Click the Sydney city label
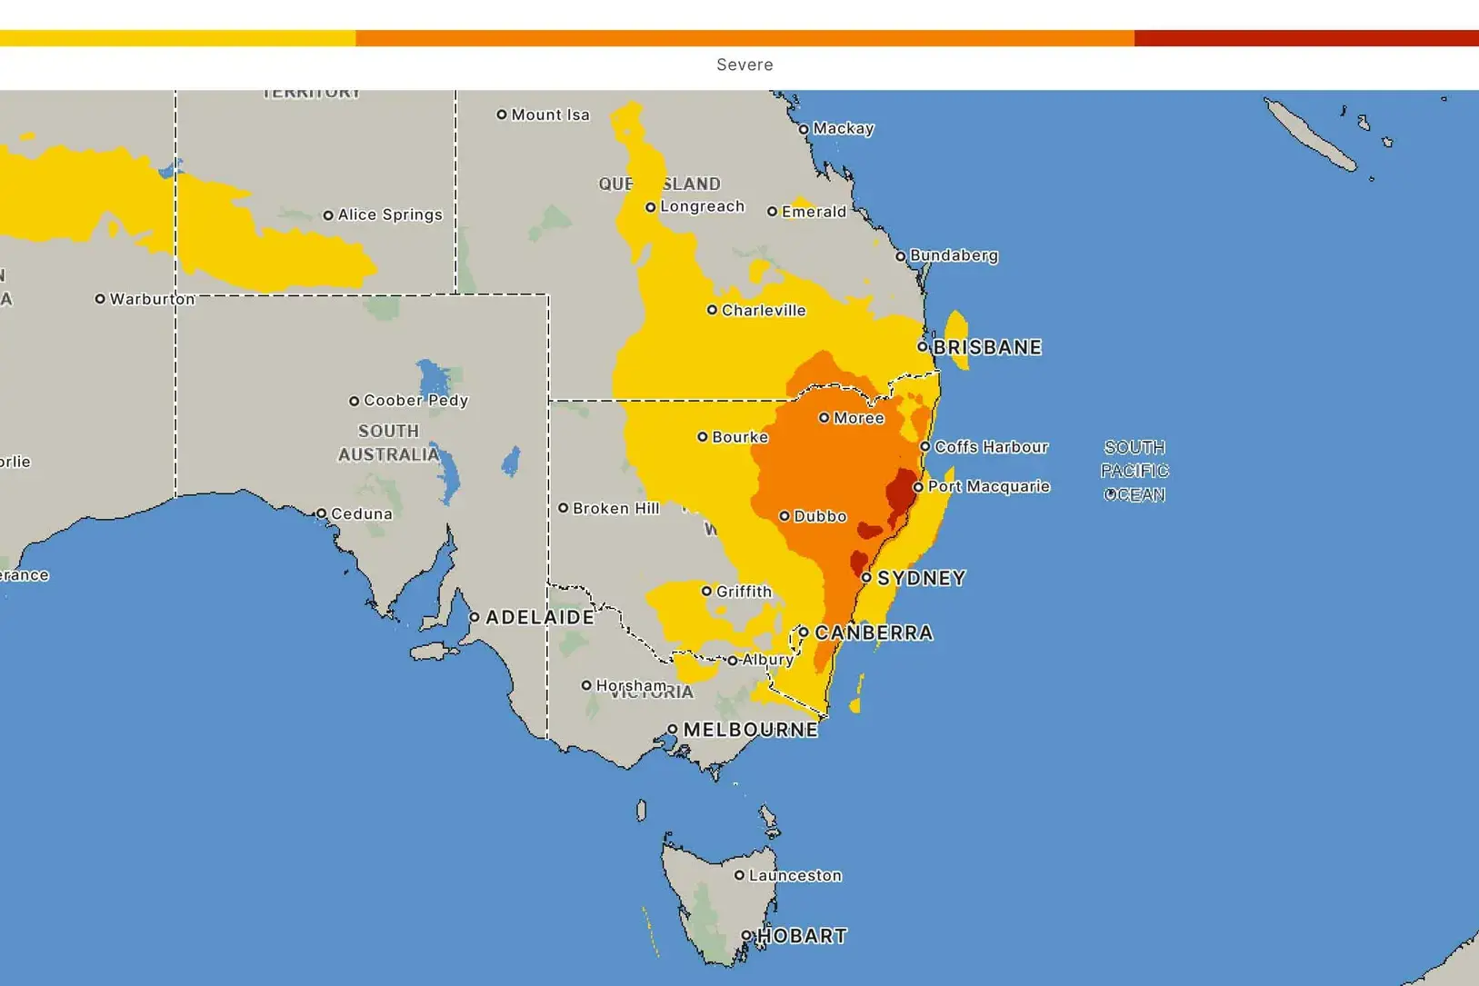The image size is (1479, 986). point(920,578)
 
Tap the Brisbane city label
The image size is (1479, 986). point(986,347)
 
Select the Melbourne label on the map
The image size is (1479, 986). point(750,730)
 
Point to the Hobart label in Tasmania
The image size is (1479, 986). point(802,936)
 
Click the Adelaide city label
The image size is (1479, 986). point(540,617)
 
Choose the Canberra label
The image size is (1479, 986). point(874,632)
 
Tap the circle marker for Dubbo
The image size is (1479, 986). point(784,516)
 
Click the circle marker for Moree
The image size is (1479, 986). point(824,418)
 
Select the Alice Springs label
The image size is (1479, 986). point(390,214)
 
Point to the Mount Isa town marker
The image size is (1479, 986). point(501,115)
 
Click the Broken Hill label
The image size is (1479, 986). point(615,508)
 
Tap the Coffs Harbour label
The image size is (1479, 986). point(991,447)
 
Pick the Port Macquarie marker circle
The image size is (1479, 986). point(918,487)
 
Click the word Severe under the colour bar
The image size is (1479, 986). point(744,65)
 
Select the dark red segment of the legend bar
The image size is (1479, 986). point(1305,38)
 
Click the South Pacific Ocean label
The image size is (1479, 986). point(1134,471)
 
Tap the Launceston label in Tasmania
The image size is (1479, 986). point(794,875)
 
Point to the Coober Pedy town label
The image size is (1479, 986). point(415,400)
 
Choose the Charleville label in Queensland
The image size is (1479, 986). point(764,310)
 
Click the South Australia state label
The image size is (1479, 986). point(389,443)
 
